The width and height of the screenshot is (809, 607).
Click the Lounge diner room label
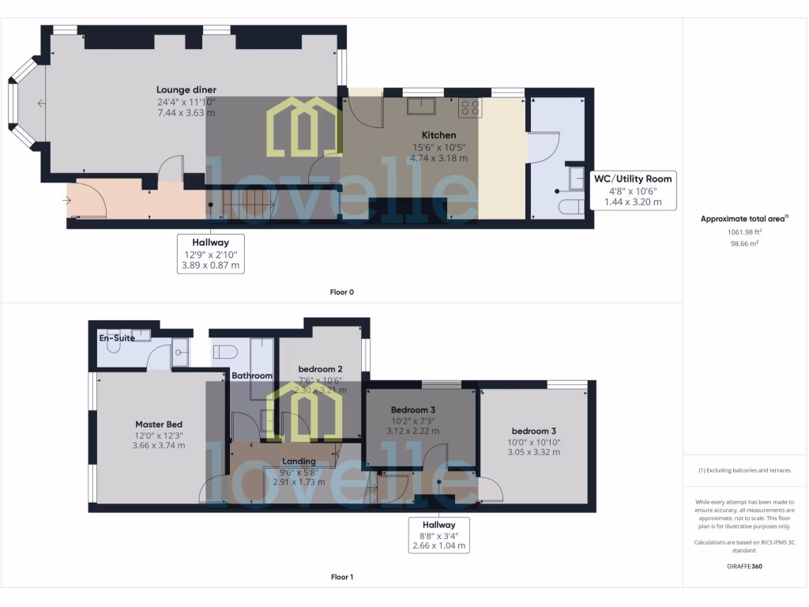point(186,90)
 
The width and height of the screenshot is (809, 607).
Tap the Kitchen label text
point(438,135)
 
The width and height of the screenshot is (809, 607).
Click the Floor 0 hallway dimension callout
point(210,254)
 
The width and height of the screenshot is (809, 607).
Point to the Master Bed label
point(160,424)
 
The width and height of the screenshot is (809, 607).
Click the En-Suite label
point(117,337)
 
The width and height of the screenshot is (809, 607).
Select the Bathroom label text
point(252,375)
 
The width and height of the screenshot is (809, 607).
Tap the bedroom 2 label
point(320,369)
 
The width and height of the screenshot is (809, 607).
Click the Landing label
point(299,461)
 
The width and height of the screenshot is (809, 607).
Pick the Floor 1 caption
point(341,577)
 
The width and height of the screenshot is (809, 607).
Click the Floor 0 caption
point(341,292)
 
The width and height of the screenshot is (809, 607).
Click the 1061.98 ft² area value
point(745,232)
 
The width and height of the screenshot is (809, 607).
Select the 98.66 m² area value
point(745,244)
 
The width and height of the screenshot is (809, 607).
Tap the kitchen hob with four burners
point(470,107)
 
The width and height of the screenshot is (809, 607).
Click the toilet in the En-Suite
point(114,348)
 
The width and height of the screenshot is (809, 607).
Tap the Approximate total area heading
point(743,219)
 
